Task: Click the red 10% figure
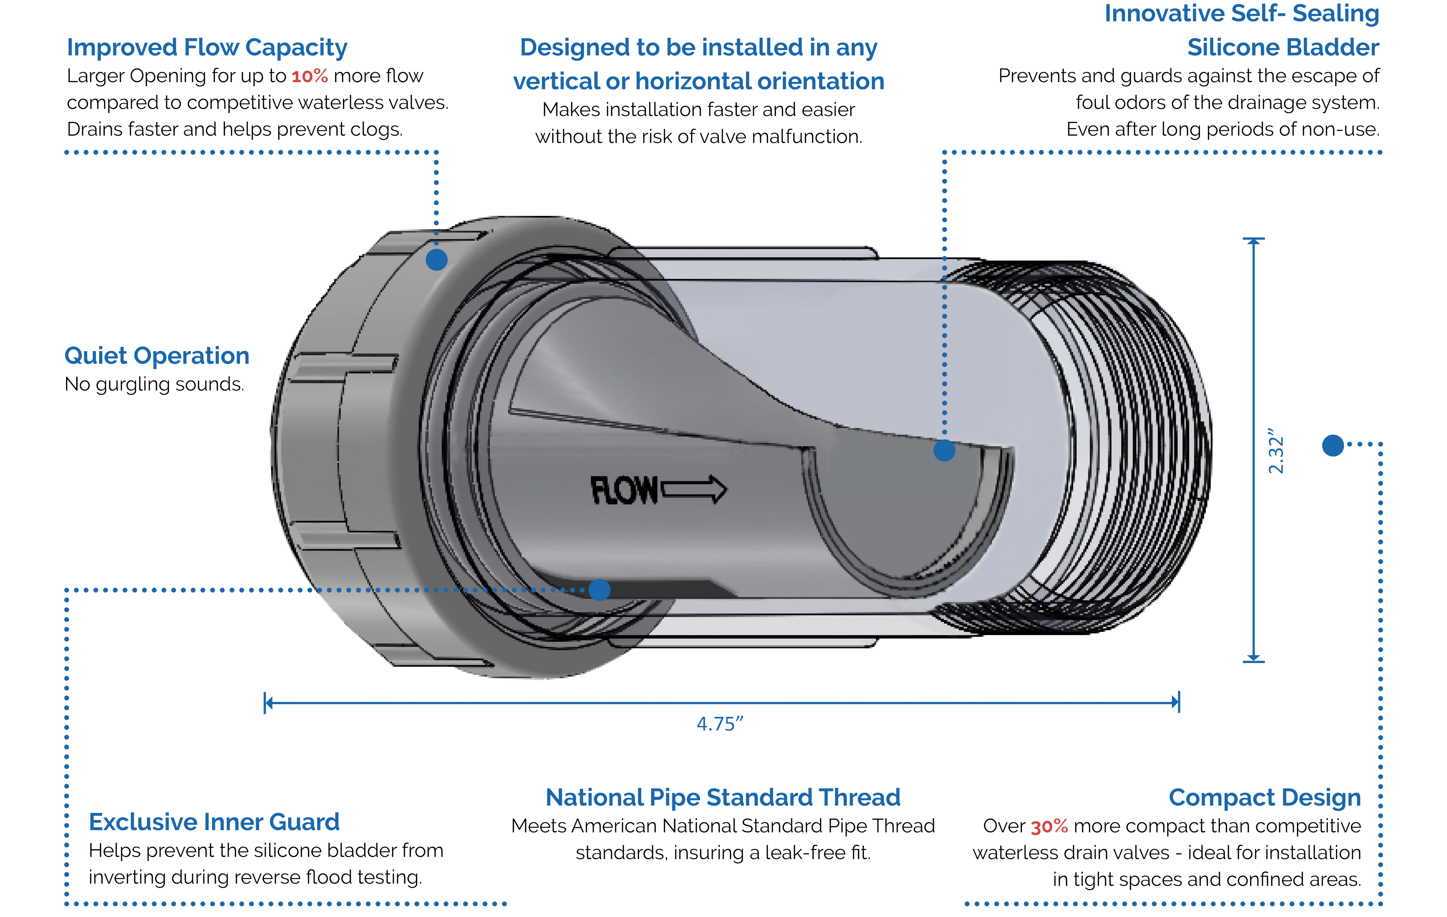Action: coord(310,76)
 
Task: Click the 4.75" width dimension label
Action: coord(719,724)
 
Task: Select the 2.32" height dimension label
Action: coord(1275,451)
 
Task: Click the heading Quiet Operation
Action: coord(157,356)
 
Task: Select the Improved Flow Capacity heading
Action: coord(207,48)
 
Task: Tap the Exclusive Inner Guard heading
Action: coord(214,822)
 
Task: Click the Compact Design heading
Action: coord(1264,797)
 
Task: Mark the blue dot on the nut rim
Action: coord(436,260)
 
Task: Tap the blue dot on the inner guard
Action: coord(599,590)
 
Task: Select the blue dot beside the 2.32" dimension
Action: coord(1333,445)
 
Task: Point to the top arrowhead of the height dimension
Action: coord(1254,241)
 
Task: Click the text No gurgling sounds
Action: coord(154,384)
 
